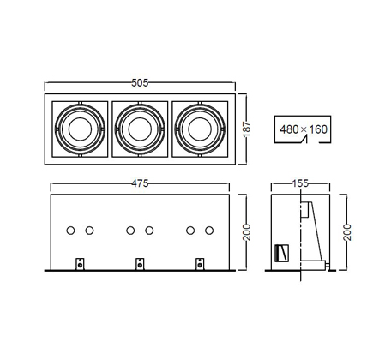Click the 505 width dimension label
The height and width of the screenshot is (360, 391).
[x=140, y=83]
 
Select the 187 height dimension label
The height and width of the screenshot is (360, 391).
[x=246, y=129]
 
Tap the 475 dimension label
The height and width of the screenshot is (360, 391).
[x=140, y=183]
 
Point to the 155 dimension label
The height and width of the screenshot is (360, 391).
[x=300, y=183]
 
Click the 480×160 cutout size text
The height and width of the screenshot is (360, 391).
[x=304, y=129]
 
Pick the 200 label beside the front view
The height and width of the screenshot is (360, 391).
[x=246, y=232]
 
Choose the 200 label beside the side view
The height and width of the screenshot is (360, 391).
[x=346, y=232]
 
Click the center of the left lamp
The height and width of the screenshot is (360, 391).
[x=80, y=129]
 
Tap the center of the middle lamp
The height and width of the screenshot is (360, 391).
[x=140, y=129]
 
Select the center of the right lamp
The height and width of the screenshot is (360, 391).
[x=200, y=129]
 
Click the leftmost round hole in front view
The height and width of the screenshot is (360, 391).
[x=70, y=231]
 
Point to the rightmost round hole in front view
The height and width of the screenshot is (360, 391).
[x=209, y=231]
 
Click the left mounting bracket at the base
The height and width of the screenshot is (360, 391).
[x=80, y=264]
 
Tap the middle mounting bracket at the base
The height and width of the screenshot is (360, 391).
[x=140, y=264]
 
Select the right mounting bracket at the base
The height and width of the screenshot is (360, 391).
[x=200, y=264]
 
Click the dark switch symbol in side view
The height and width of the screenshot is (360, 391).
[x=281, y=253]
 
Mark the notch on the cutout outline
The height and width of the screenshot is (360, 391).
[x=304, y=140]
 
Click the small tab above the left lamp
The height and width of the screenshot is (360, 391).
[x=80, y=103]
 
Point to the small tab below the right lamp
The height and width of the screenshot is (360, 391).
[x=200, y=155]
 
